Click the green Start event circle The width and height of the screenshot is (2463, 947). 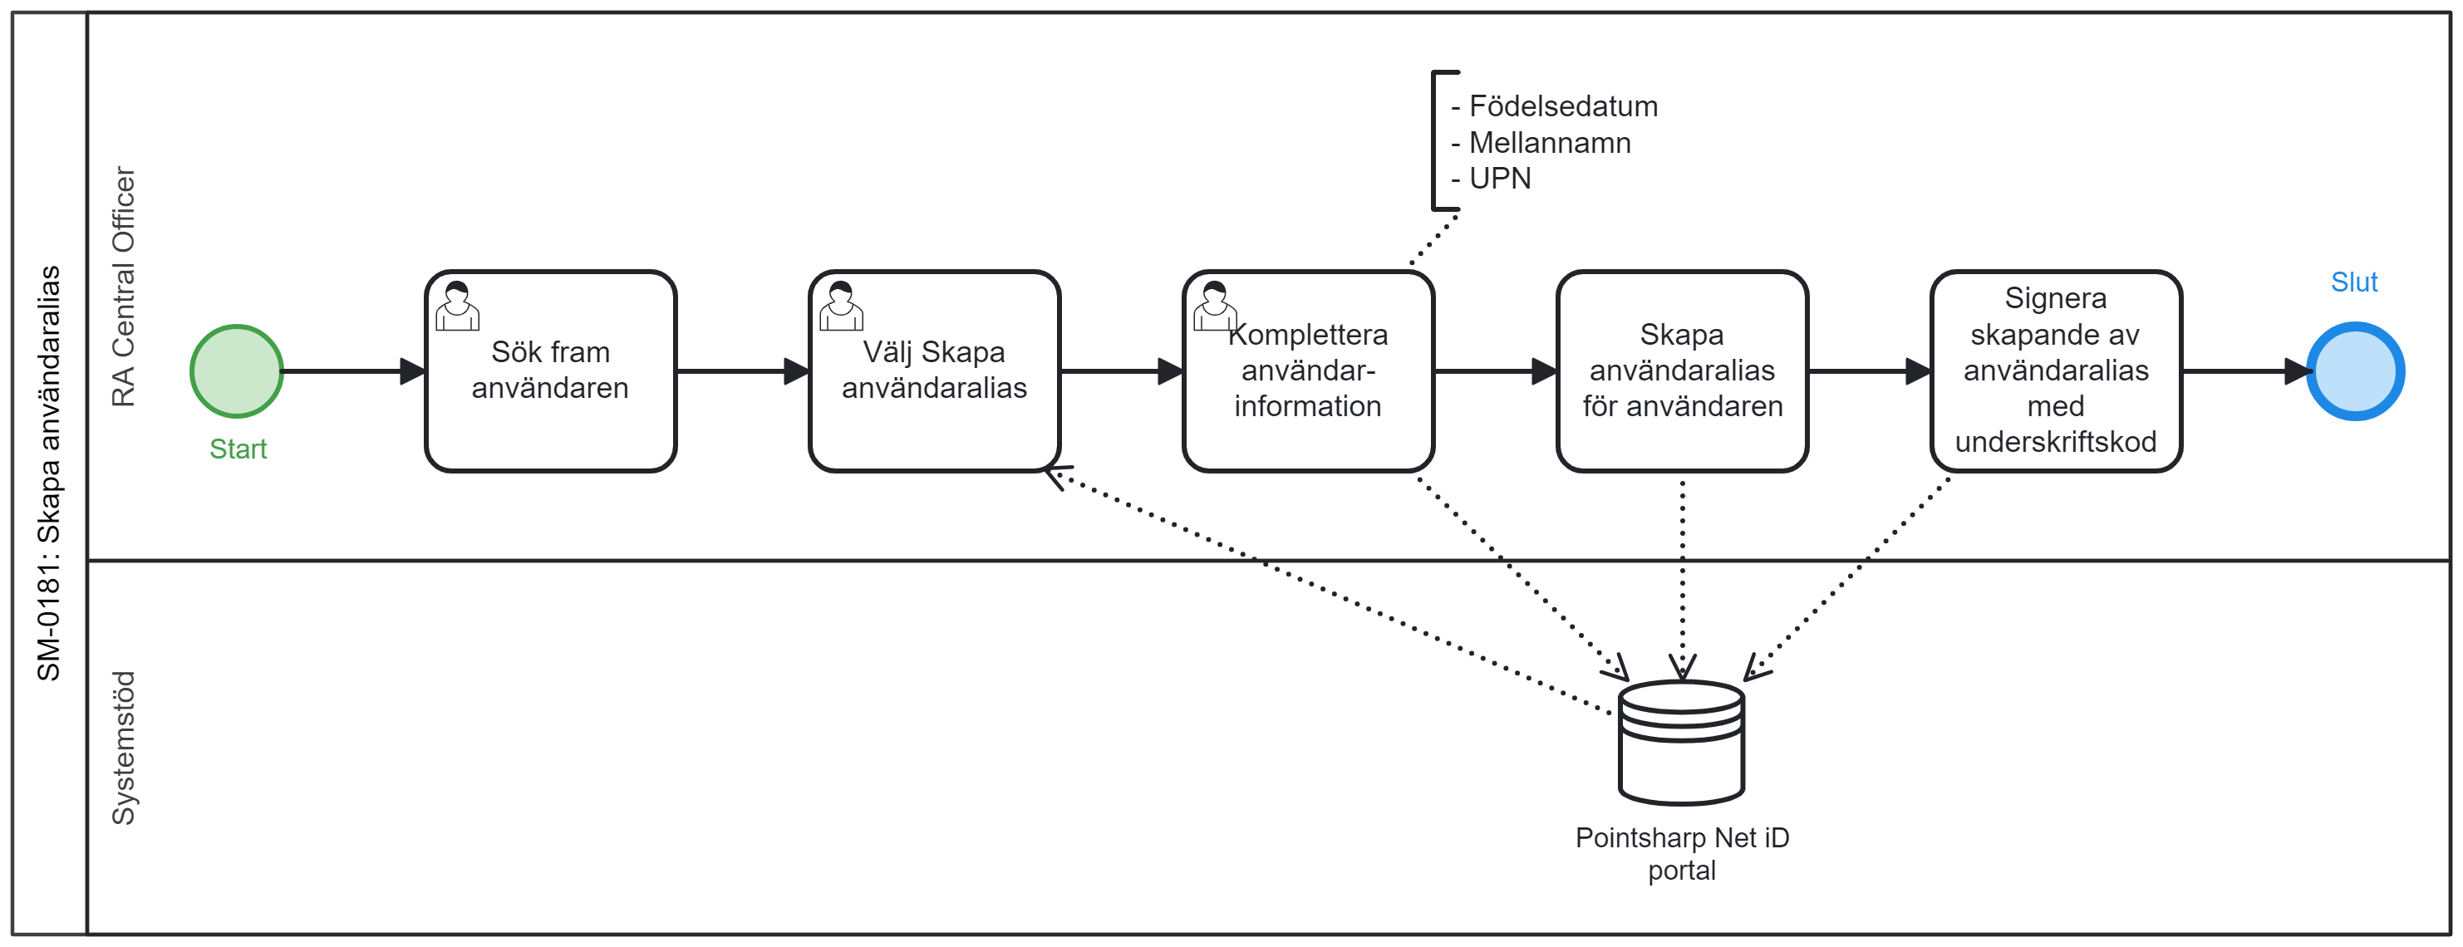point(236,370)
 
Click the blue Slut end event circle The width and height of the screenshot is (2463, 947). point(2355,370)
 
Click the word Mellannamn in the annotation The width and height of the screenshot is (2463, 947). point(1549,142)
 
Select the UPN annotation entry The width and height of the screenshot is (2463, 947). point(1499,179)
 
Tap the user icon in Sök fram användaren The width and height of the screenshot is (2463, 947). point(457,306)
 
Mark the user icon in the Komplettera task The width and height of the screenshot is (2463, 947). point(1214,306)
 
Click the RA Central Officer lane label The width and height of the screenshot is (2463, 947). point(123,287)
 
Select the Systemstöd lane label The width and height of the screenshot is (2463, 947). point(123,748)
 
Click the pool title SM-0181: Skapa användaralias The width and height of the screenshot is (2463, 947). point(49,473)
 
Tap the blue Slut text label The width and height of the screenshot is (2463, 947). point(2353,282)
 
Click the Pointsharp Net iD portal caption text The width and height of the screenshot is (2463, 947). point(1681,853)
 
